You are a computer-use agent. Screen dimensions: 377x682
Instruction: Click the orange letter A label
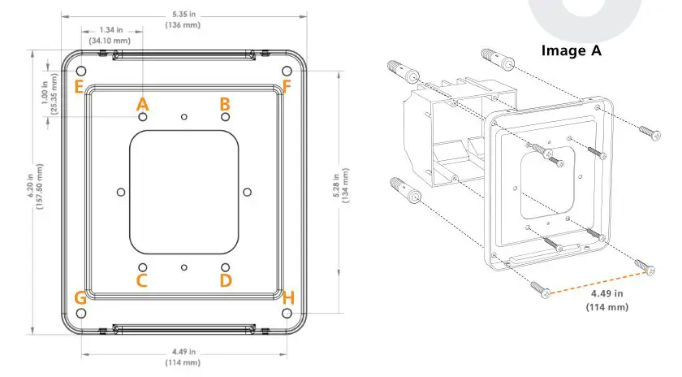(x=143, y=104)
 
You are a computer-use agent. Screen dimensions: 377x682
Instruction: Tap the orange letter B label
(x=225, y=104)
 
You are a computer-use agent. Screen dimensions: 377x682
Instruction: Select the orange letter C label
(x=142, y=280)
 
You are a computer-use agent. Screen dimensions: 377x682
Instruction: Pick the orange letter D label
(x=226, y=280)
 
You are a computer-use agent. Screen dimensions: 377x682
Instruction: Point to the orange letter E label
(x=79, y=87)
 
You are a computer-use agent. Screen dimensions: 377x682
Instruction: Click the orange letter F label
(x=287, y=87)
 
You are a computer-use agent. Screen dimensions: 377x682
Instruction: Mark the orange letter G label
(x=80, y=298)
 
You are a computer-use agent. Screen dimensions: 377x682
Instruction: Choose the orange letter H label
(x=287, y=298)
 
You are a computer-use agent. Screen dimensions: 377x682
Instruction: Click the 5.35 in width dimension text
(x=184, y=14)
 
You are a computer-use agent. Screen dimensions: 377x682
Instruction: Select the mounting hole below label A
(x=143, y=118)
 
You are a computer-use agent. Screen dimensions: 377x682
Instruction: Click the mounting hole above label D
(x=225, y=267)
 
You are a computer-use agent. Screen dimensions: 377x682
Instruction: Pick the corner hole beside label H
(x=287, y=313)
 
